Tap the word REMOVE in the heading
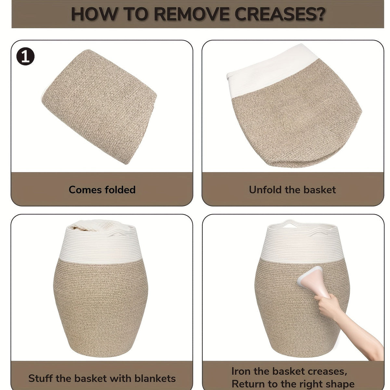(x=191, y=14)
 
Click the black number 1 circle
(x=25, y=56)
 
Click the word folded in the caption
(x=120, y=189)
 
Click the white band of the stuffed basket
(x=100, y=246)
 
